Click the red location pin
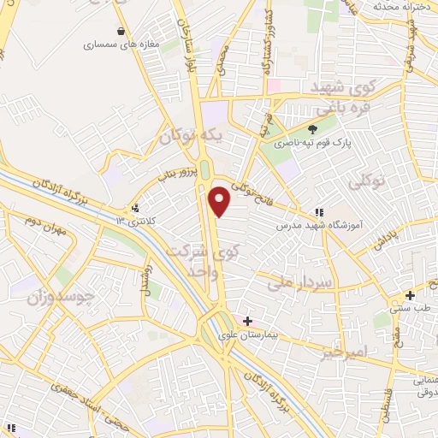pos(221,202)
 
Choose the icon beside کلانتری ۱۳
pos(135,207)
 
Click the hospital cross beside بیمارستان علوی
pos(247,321)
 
